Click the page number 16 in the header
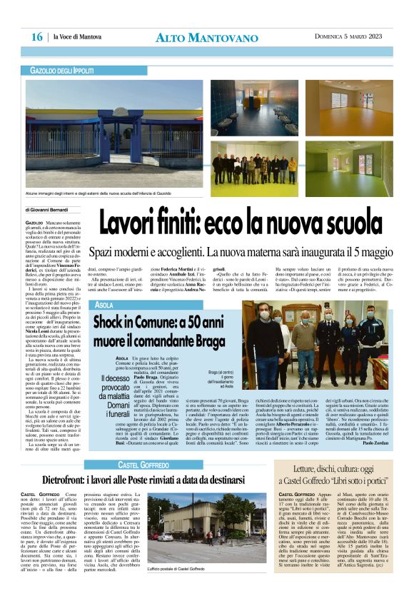click(x=36, y=37)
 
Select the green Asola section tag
click(x=104, y=305)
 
